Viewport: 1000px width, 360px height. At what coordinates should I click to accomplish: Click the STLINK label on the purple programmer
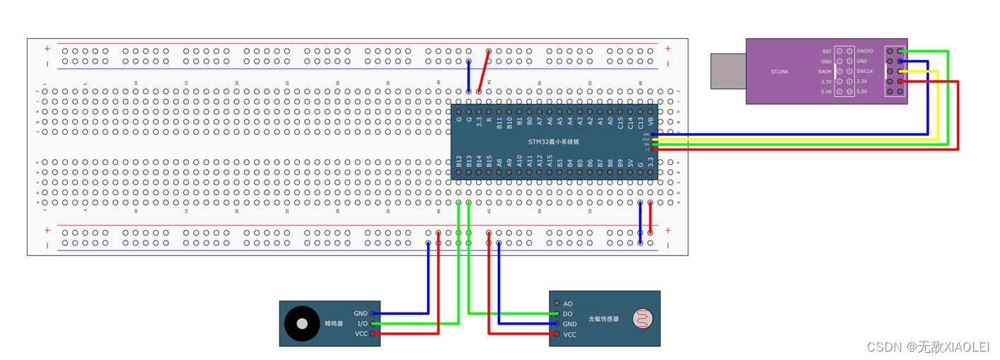click(779, 71)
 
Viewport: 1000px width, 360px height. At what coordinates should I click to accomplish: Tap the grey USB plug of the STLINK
click(728, 71)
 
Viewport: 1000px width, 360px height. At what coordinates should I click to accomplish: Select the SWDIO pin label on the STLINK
click(865, 51)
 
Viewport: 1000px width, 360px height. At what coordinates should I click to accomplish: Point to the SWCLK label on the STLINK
click(865, 71)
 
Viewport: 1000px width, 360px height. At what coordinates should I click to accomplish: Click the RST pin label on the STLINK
click(827, 51)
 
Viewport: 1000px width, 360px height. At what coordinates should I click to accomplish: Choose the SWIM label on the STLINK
click(825, 71)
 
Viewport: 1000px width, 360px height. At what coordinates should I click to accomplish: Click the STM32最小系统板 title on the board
click(554, 141)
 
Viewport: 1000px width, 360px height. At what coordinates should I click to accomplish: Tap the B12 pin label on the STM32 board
click(459, 162)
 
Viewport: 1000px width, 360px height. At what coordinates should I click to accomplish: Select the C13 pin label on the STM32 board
click(641, 121)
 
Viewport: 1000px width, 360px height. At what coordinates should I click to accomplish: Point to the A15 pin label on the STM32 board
click(550, 162)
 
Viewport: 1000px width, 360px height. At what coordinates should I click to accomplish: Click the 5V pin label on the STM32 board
click(630, 163)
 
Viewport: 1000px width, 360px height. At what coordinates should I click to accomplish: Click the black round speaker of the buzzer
click(302, 323)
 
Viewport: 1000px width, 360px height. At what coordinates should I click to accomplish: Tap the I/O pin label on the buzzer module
click(362, 323)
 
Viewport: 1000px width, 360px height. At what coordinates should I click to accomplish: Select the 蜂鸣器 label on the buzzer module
click(334, 323)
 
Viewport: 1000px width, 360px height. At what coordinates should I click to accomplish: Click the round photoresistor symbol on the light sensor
click(642, 319)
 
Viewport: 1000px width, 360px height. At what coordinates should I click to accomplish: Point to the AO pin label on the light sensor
click(568, 303)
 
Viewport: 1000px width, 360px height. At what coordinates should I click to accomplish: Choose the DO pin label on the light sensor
click(568, 314)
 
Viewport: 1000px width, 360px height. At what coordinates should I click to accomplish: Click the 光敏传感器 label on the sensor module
click(603, 319)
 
